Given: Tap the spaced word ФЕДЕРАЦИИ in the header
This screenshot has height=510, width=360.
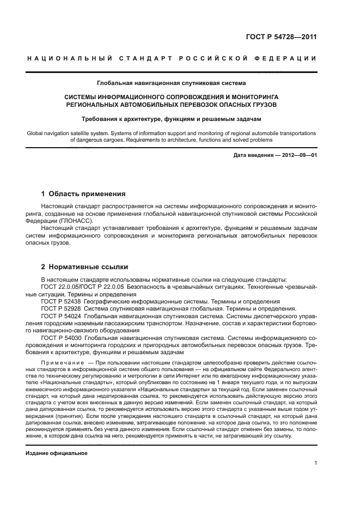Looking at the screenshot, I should pos(288,58).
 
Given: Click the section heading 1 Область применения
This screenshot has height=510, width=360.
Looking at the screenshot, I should pos(84,193).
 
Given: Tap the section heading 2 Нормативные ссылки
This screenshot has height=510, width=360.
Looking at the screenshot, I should pos(85,267).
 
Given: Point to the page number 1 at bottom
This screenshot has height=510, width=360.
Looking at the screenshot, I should pos(315,463).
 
